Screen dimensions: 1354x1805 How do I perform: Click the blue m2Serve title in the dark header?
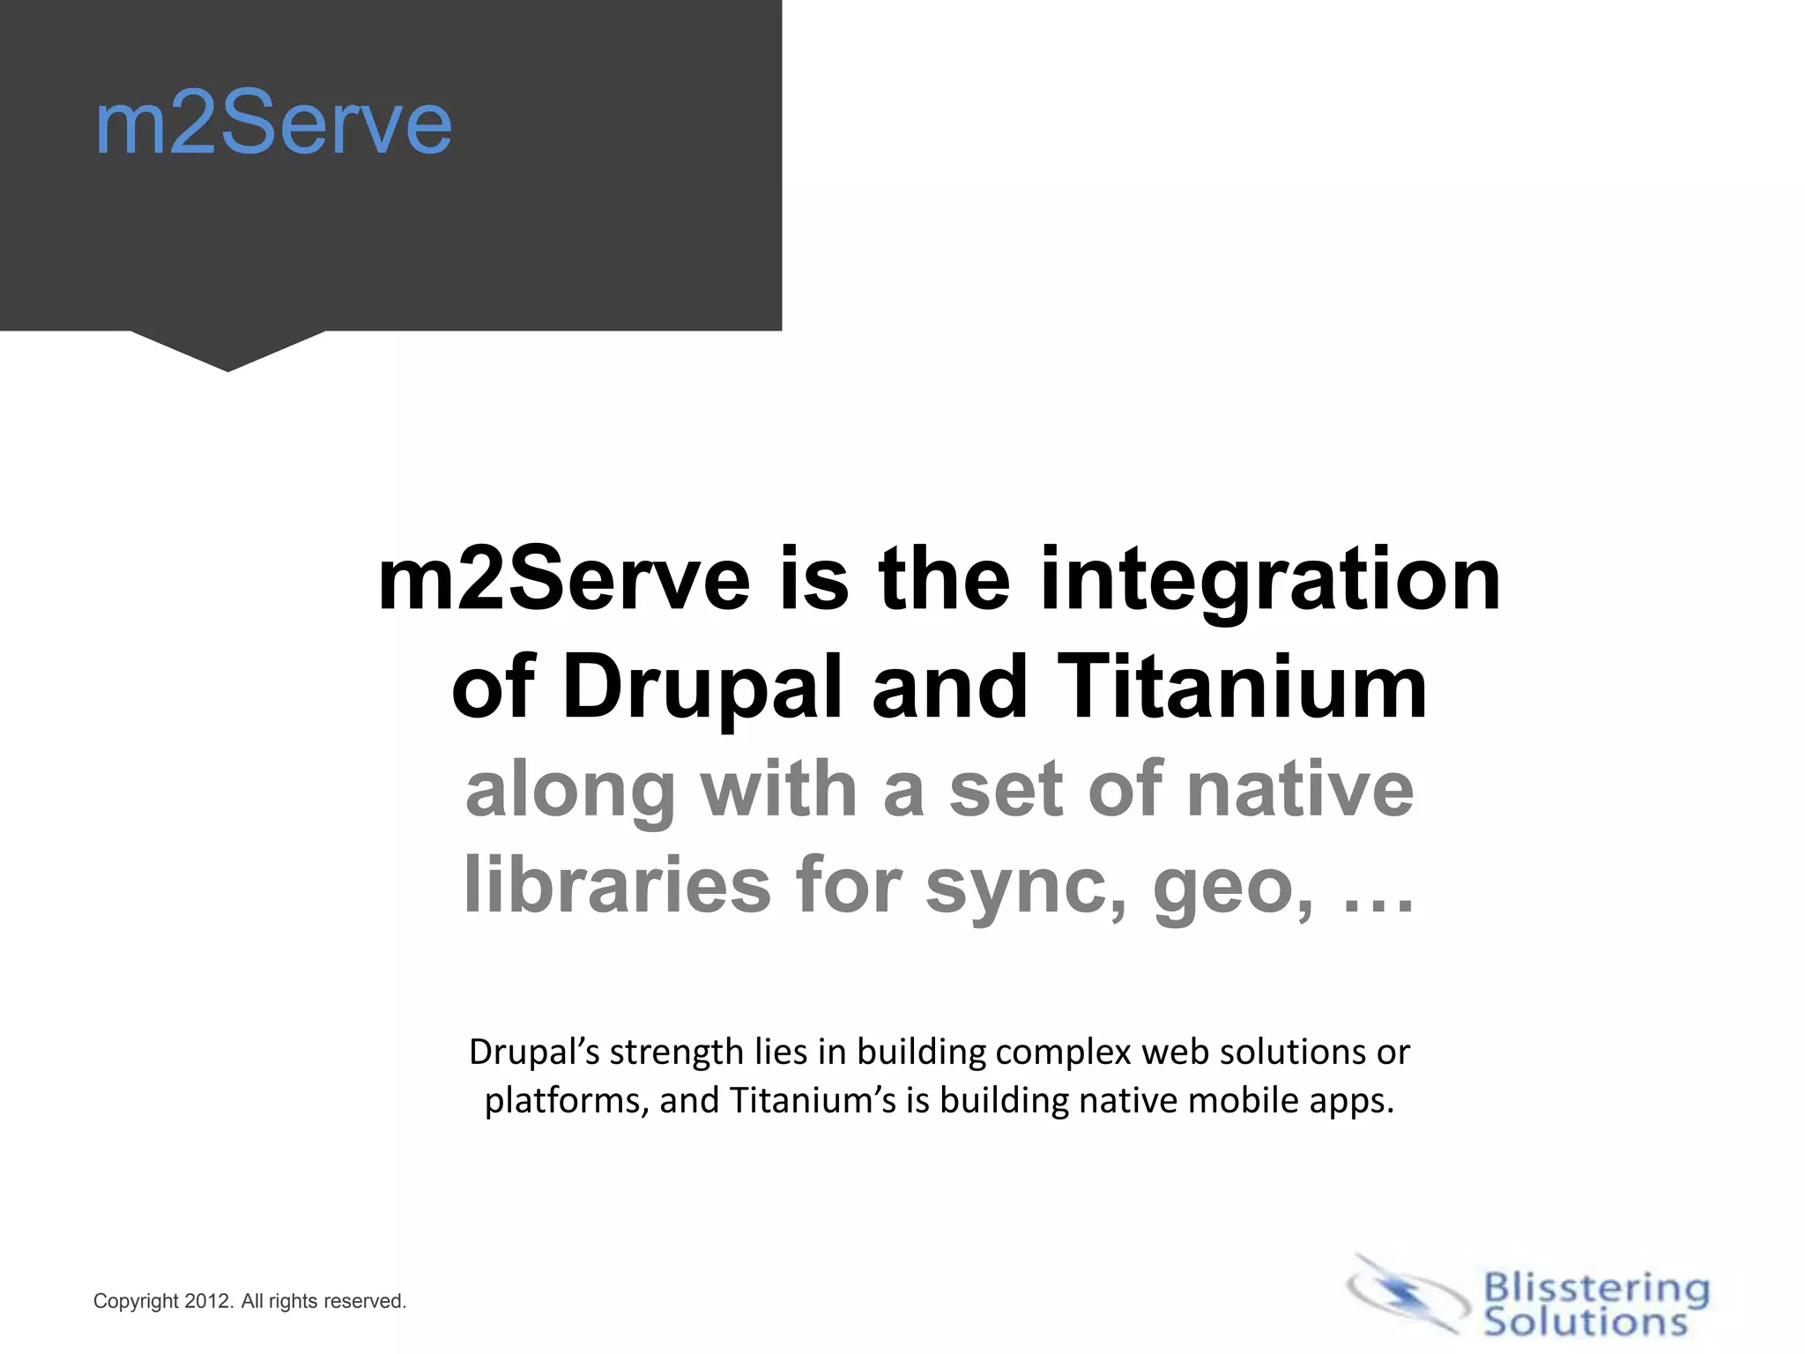(x=273, y=125)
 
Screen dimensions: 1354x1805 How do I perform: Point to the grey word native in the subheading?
(x=1299, y=790)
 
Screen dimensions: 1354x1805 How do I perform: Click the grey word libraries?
(x=618, y=885)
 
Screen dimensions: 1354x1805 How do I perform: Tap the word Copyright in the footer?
(x=137, y=1302)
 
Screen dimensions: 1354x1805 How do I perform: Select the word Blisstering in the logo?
(x=1596, y=1289)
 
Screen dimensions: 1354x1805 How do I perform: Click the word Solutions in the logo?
(x=1585, y=1322)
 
